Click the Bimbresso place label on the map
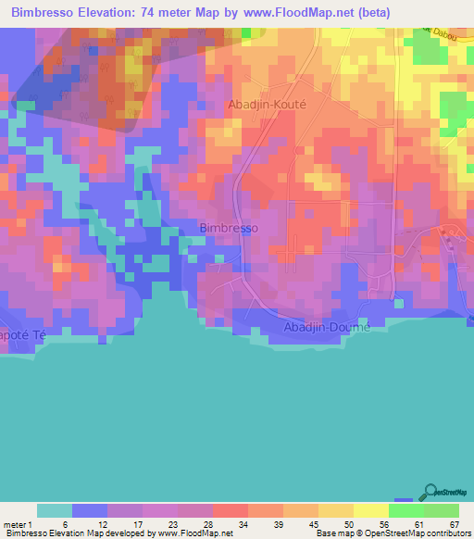click(x=229, y=228)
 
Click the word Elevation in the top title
click(x=113, y=12)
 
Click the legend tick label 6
click(x=55, y=524)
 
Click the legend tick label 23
click(x=160, y=524)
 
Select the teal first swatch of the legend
click(x=54, y=510)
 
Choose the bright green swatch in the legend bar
click(x=406, y=510)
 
